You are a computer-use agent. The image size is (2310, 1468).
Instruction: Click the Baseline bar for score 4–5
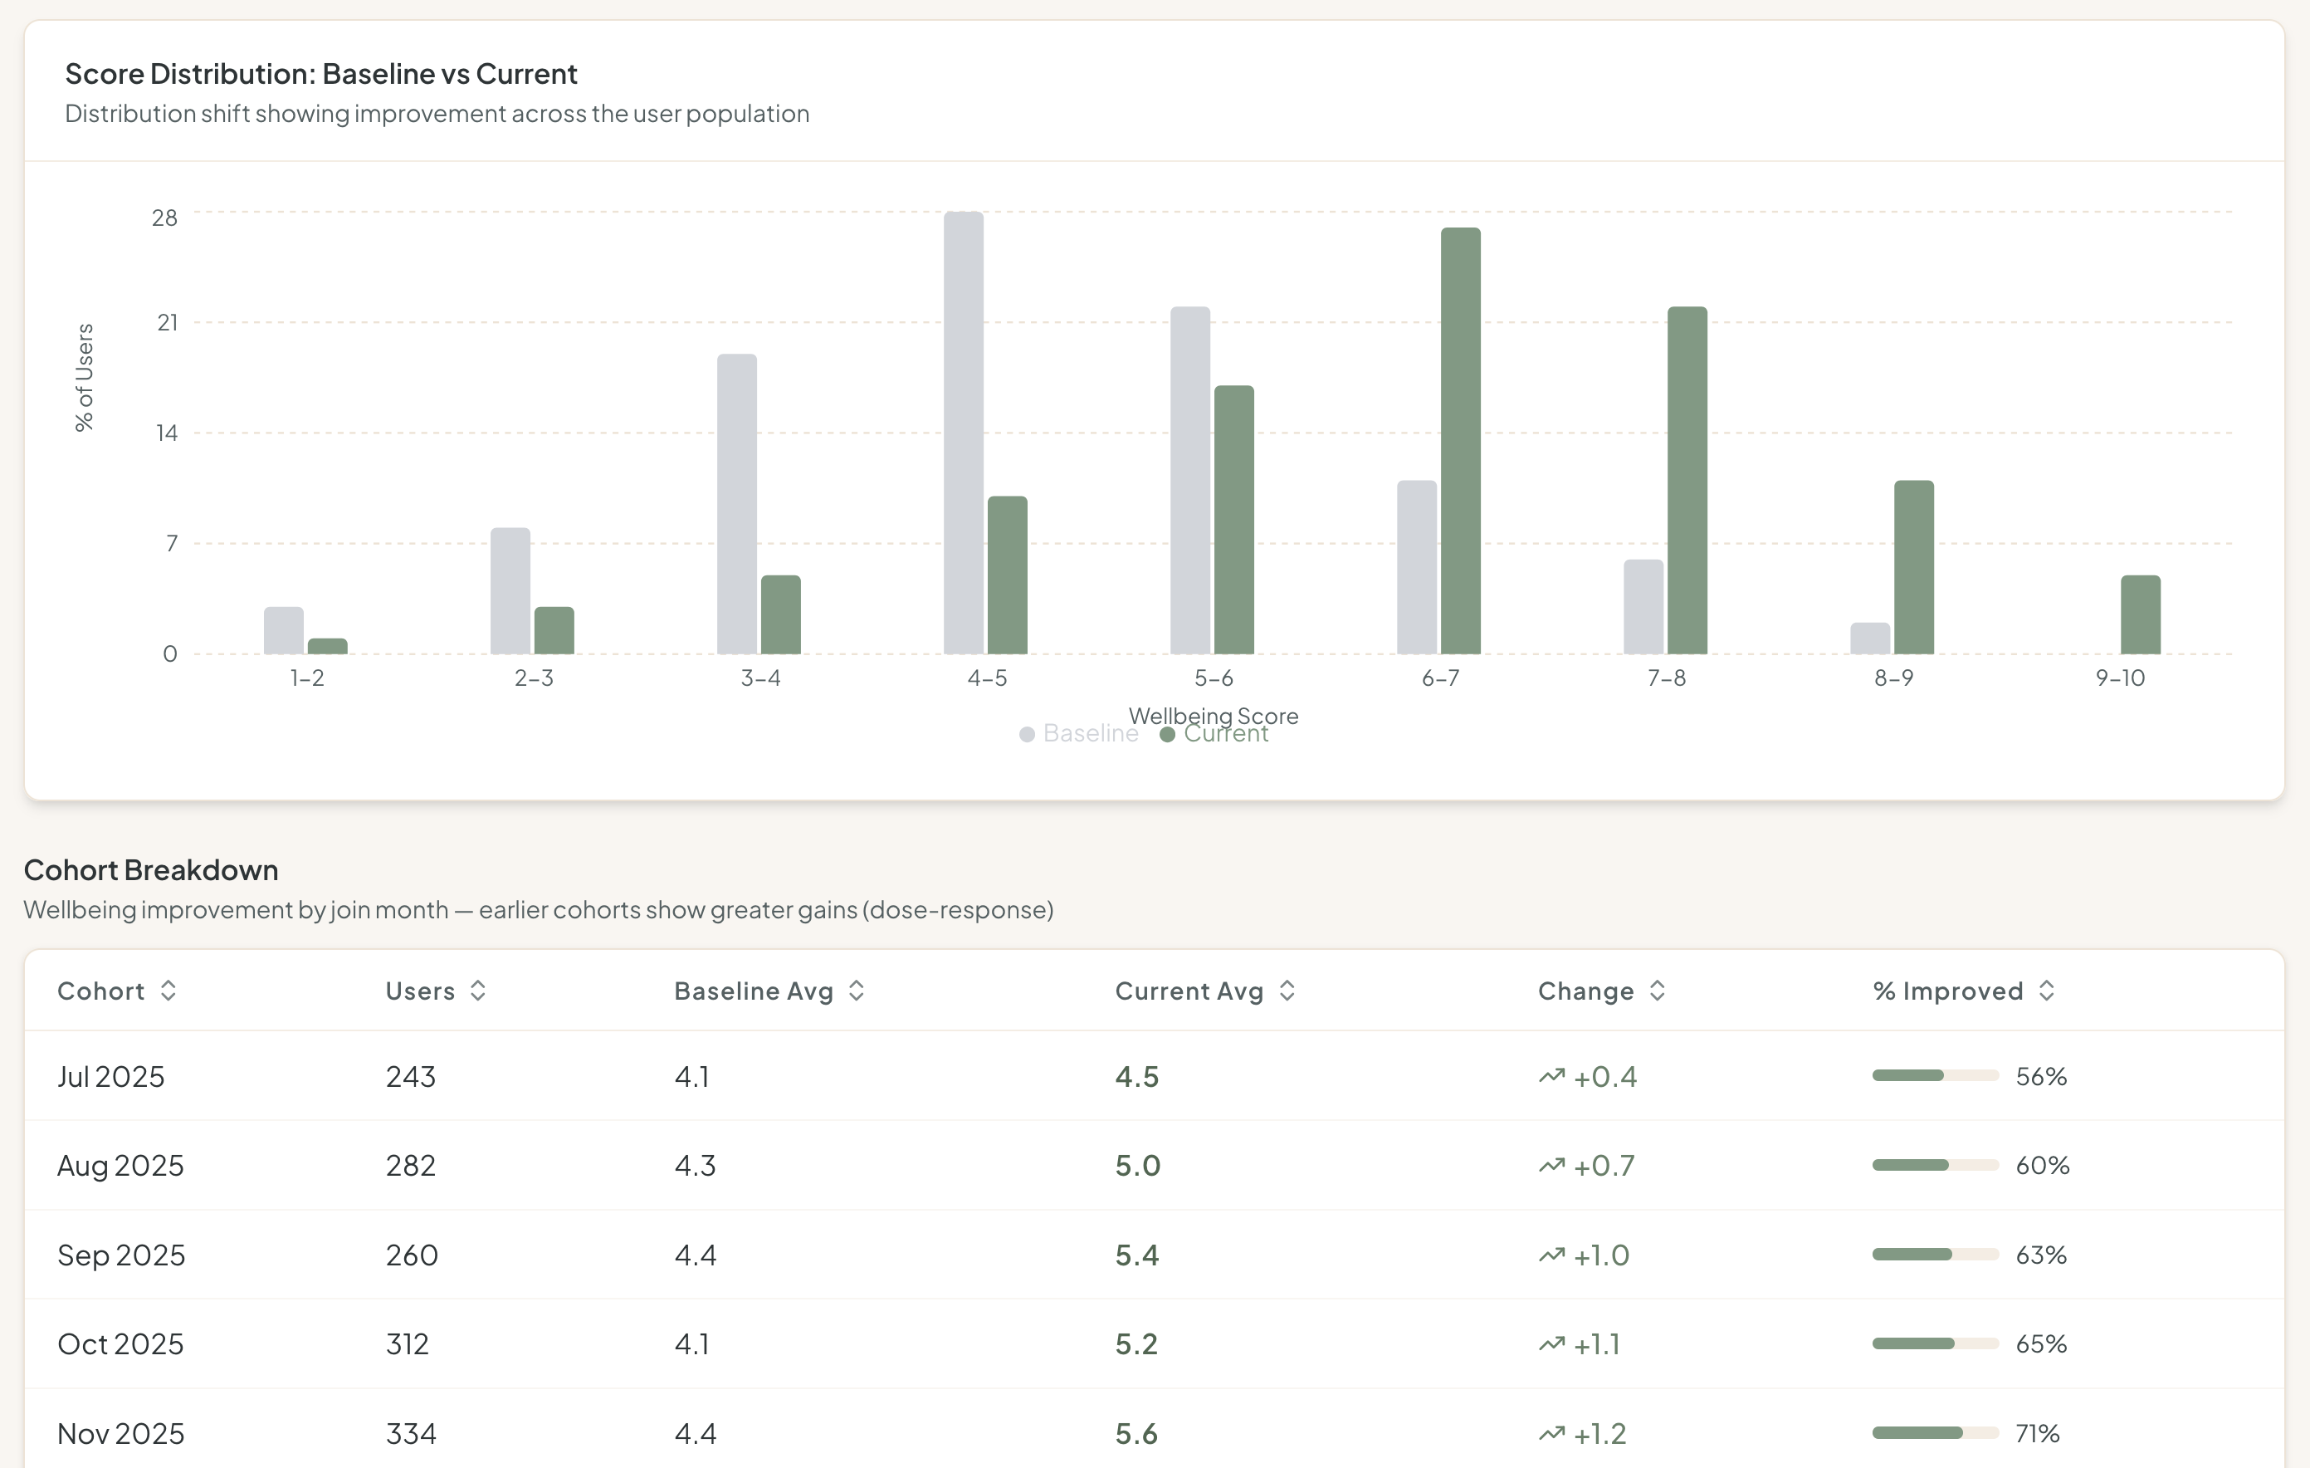(963, 432)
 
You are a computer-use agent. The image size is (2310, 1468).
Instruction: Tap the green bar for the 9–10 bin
(2140, 614)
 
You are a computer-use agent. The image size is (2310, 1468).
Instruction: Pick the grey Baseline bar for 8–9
(1870, 638)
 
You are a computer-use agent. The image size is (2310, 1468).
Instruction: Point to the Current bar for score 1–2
(327, 647)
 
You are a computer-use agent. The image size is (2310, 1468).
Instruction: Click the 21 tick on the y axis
(167, 323)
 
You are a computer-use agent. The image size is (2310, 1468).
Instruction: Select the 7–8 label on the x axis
(1667, 678)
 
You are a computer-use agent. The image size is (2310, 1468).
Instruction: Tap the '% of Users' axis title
(85, 377)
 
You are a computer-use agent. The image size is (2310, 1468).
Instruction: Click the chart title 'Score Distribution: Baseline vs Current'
(320, 74)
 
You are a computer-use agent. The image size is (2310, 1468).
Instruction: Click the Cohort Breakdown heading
(150, 869)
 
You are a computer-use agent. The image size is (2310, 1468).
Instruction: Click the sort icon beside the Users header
(478, 991)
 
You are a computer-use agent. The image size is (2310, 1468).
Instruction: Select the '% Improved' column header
(1947, 991)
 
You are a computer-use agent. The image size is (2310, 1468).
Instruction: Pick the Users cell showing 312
(407, 1344)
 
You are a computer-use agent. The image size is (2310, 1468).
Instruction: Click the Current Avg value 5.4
(1137, 1255)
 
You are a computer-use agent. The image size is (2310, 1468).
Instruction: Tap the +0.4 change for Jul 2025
(1605, 1077)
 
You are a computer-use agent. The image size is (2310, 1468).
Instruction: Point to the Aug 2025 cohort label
(120, 1166)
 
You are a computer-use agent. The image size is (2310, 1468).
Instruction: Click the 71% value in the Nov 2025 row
(2038, 1433)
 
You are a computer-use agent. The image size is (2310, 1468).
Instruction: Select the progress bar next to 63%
(1935, 1254)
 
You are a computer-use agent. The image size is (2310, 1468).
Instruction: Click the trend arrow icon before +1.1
(1551, 1344)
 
